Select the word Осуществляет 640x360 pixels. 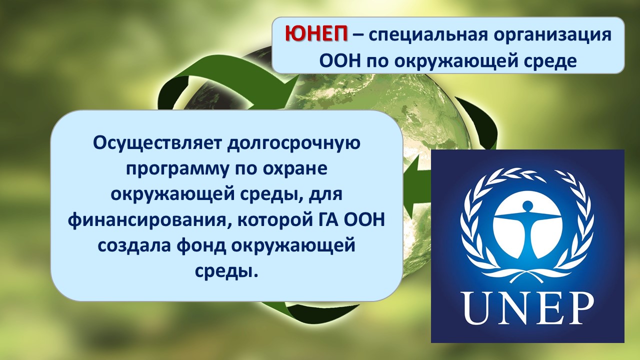pyautogui.click(x=157, y=143)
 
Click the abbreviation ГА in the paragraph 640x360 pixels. pyautogui.click(x=323, y=220)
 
